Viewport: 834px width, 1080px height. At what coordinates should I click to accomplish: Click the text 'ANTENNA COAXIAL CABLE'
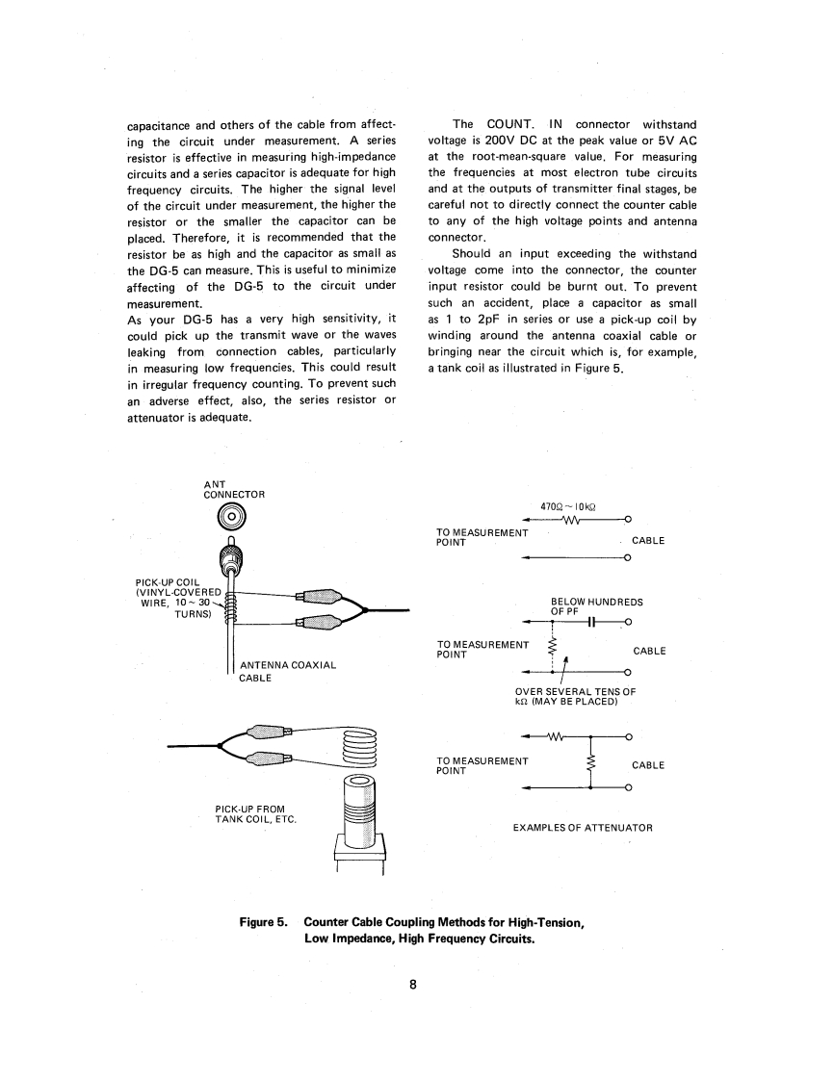click(x=280, y=671)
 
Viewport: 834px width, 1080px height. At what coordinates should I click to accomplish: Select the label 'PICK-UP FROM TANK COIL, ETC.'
click(x=255, y=813)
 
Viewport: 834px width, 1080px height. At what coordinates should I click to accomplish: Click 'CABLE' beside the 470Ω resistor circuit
click(x=648, y=541)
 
